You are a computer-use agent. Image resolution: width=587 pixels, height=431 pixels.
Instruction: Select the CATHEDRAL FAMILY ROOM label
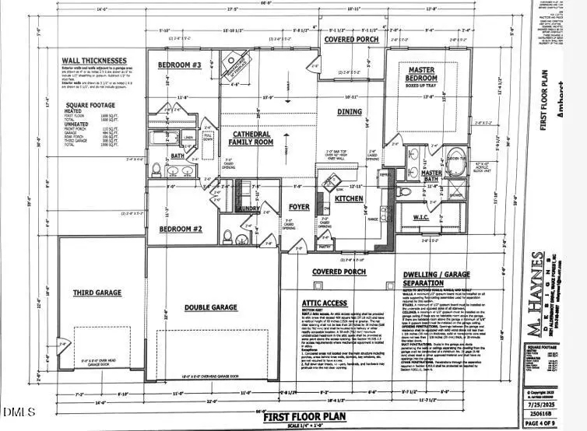[251, 138]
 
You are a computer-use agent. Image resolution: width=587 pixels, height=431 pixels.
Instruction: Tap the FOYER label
[299, 208]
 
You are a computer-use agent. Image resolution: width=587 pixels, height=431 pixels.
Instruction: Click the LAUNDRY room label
[248, 208]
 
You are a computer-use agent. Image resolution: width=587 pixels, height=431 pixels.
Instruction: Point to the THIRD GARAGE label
[98, 293]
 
